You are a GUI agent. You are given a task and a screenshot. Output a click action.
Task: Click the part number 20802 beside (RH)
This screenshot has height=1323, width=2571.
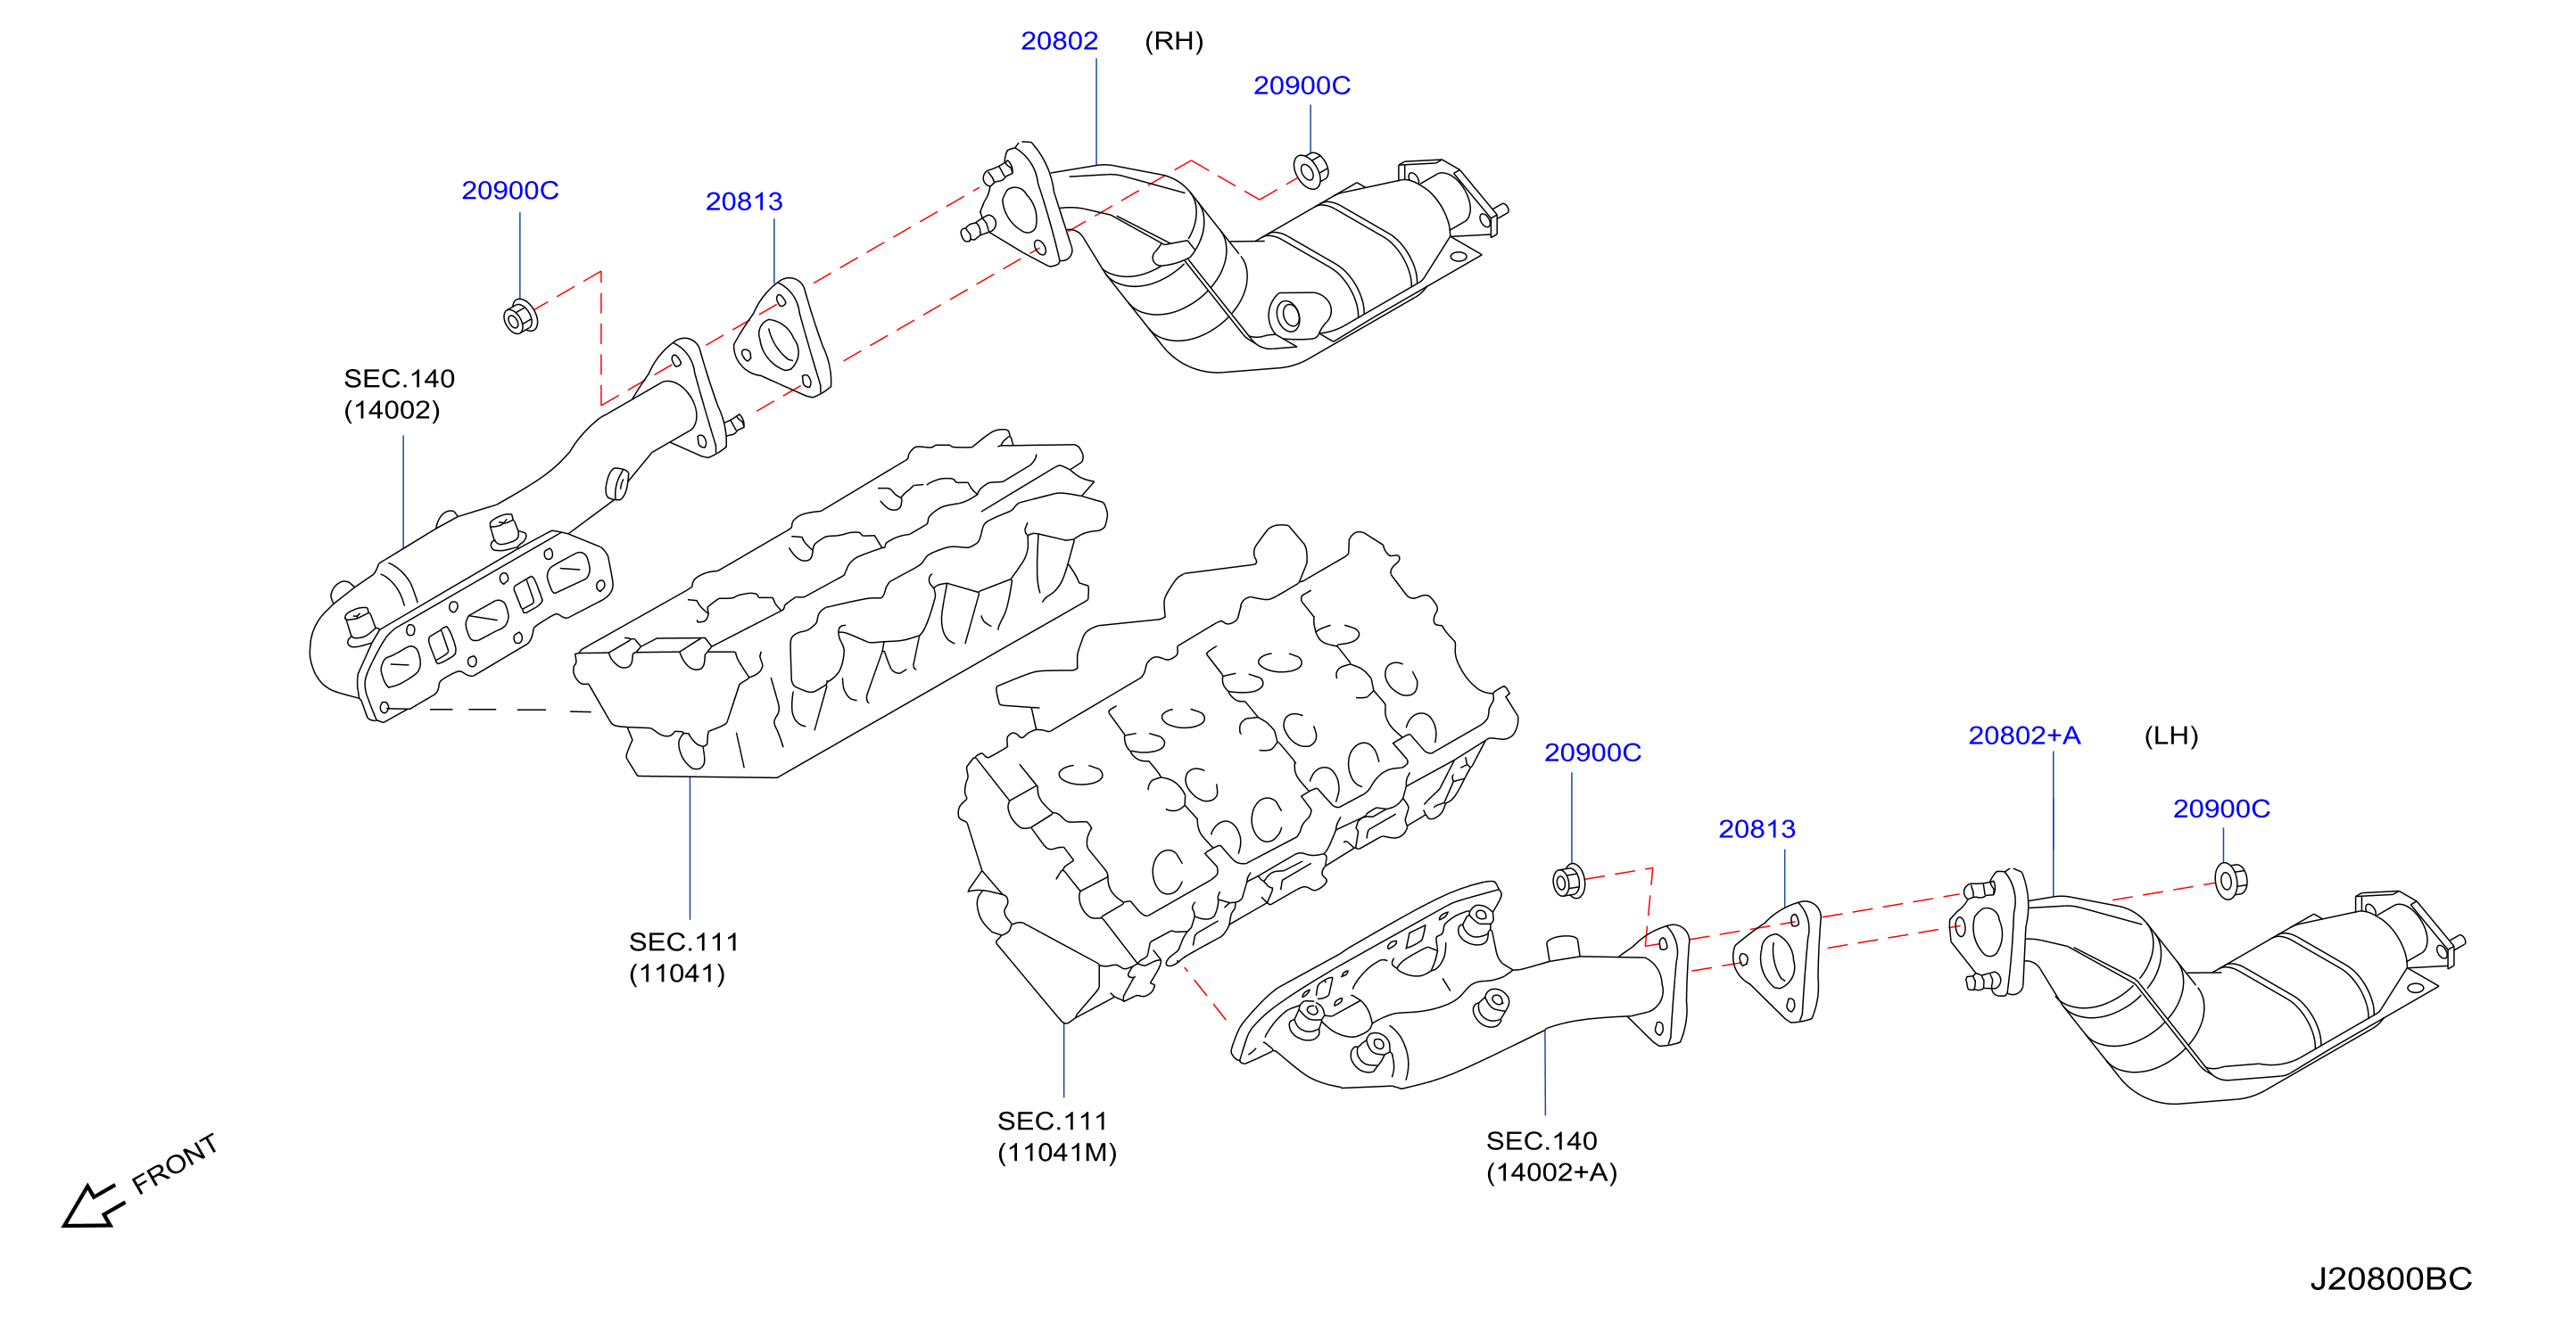click(1059, 41)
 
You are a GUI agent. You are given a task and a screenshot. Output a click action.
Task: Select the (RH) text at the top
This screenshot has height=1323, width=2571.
click(1174, 41)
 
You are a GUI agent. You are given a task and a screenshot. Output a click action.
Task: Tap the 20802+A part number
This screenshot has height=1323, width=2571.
click(2024, 735)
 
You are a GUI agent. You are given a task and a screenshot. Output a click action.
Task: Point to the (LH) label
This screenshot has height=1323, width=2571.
click(2170, 736)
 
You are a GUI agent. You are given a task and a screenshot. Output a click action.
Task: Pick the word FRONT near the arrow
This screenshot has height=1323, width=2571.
click(175, 1163)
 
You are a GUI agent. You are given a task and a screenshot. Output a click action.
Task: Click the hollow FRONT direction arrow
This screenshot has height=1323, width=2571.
click(93, 1205)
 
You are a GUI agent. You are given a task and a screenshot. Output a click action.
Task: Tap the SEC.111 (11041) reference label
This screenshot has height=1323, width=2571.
click(683, 957)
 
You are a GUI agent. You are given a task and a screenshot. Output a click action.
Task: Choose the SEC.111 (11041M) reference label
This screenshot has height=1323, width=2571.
click(1057, 1137)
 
